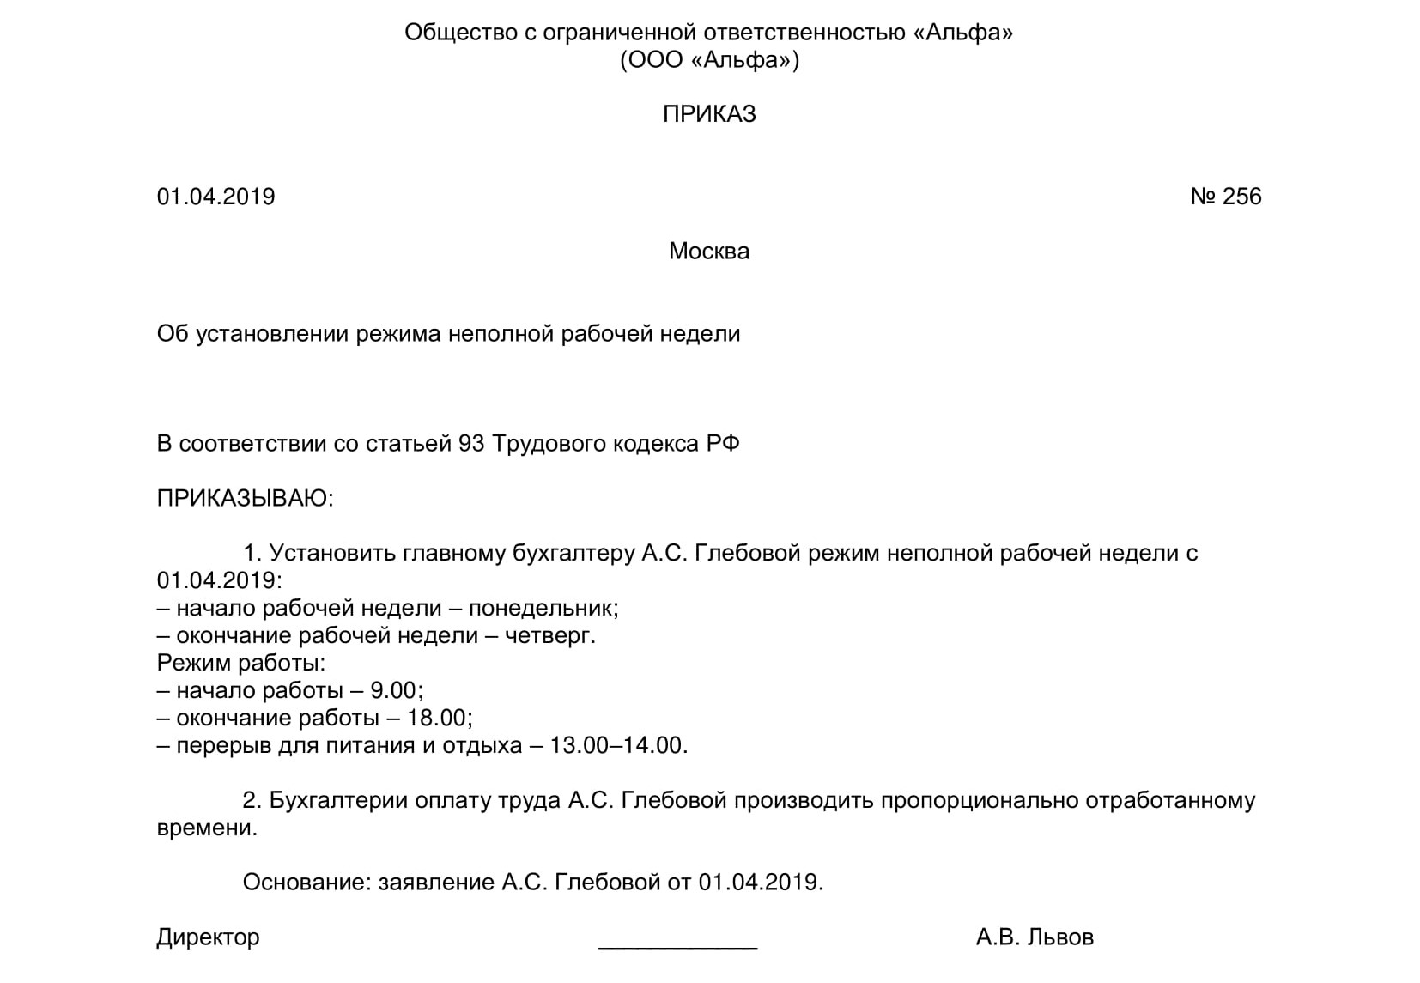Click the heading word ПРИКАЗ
[709, 114]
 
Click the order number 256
[1241, 197]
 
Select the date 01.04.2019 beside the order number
[215, 197]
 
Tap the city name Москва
[709, 251]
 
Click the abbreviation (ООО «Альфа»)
[709, 60]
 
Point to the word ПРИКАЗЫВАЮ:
[245, 498]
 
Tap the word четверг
[549, 635]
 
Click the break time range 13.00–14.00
[618, 745]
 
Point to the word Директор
[208, 937]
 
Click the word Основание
[306, 882]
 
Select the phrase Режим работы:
[241, 663]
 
